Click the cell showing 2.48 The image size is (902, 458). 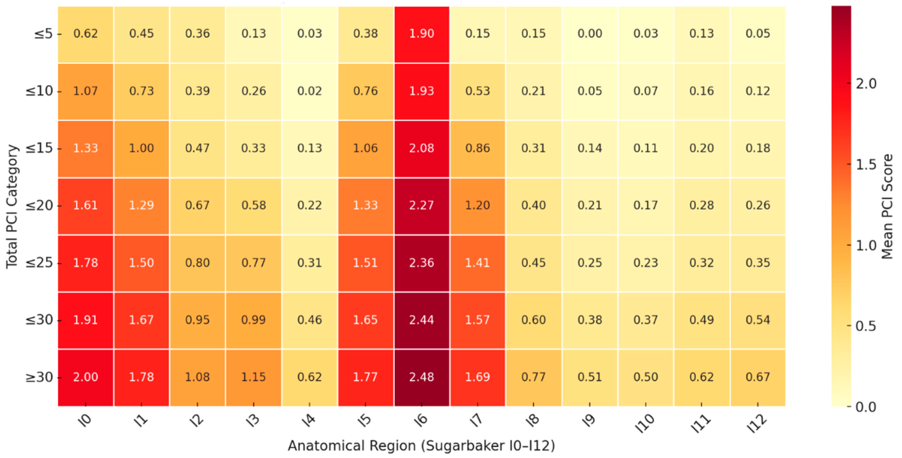(421, 377)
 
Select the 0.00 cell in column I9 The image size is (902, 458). (590, 34)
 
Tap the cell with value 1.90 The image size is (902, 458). (421, 34)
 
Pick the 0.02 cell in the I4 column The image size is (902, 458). (310, 91)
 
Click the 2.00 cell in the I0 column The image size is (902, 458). (85, 377)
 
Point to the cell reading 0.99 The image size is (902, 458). (253, 320)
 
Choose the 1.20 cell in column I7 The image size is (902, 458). (478, 205)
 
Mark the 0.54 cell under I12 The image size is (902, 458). (758, 320)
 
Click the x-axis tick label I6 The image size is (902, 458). (421, 419)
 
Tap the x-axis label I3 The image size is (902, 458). (253, 419)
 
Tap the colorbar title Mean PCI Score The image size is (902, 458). (887, 207)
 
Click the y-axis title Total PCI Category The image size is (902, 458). (12, 207)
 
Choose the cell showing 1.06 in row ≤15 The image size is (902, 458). (366, 148)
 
